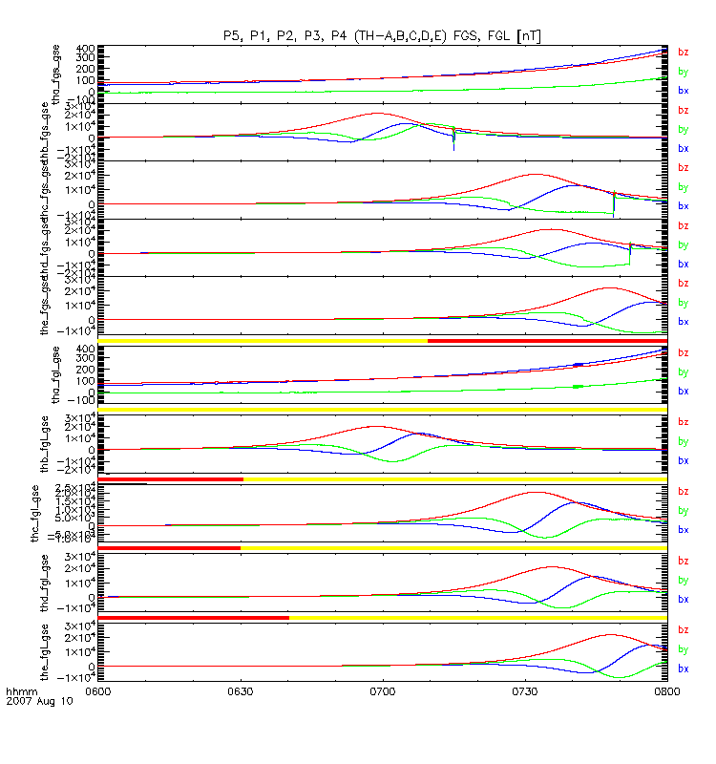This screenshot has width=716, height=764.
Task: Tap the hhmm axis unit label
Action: coord(20,690)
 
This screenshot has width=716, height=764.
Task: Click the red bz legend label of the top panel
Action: coord(683,53)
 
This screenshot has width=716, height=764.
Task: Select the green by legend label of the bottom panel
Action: coord(683,649)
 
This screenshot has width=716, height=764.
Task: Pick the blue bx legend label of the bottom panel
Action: coord(683,668)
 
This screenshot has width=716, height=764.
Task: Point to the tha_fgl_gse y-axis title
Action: coord(57,372)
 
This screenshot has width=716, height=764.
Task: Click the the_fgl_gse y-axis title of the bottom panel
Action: coord(57,650)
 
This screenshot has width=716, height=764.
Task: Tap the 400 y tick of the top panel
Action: coord(84,48)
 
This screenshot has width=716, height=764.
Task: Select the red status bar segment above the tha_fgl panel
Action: coord(546,341)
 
